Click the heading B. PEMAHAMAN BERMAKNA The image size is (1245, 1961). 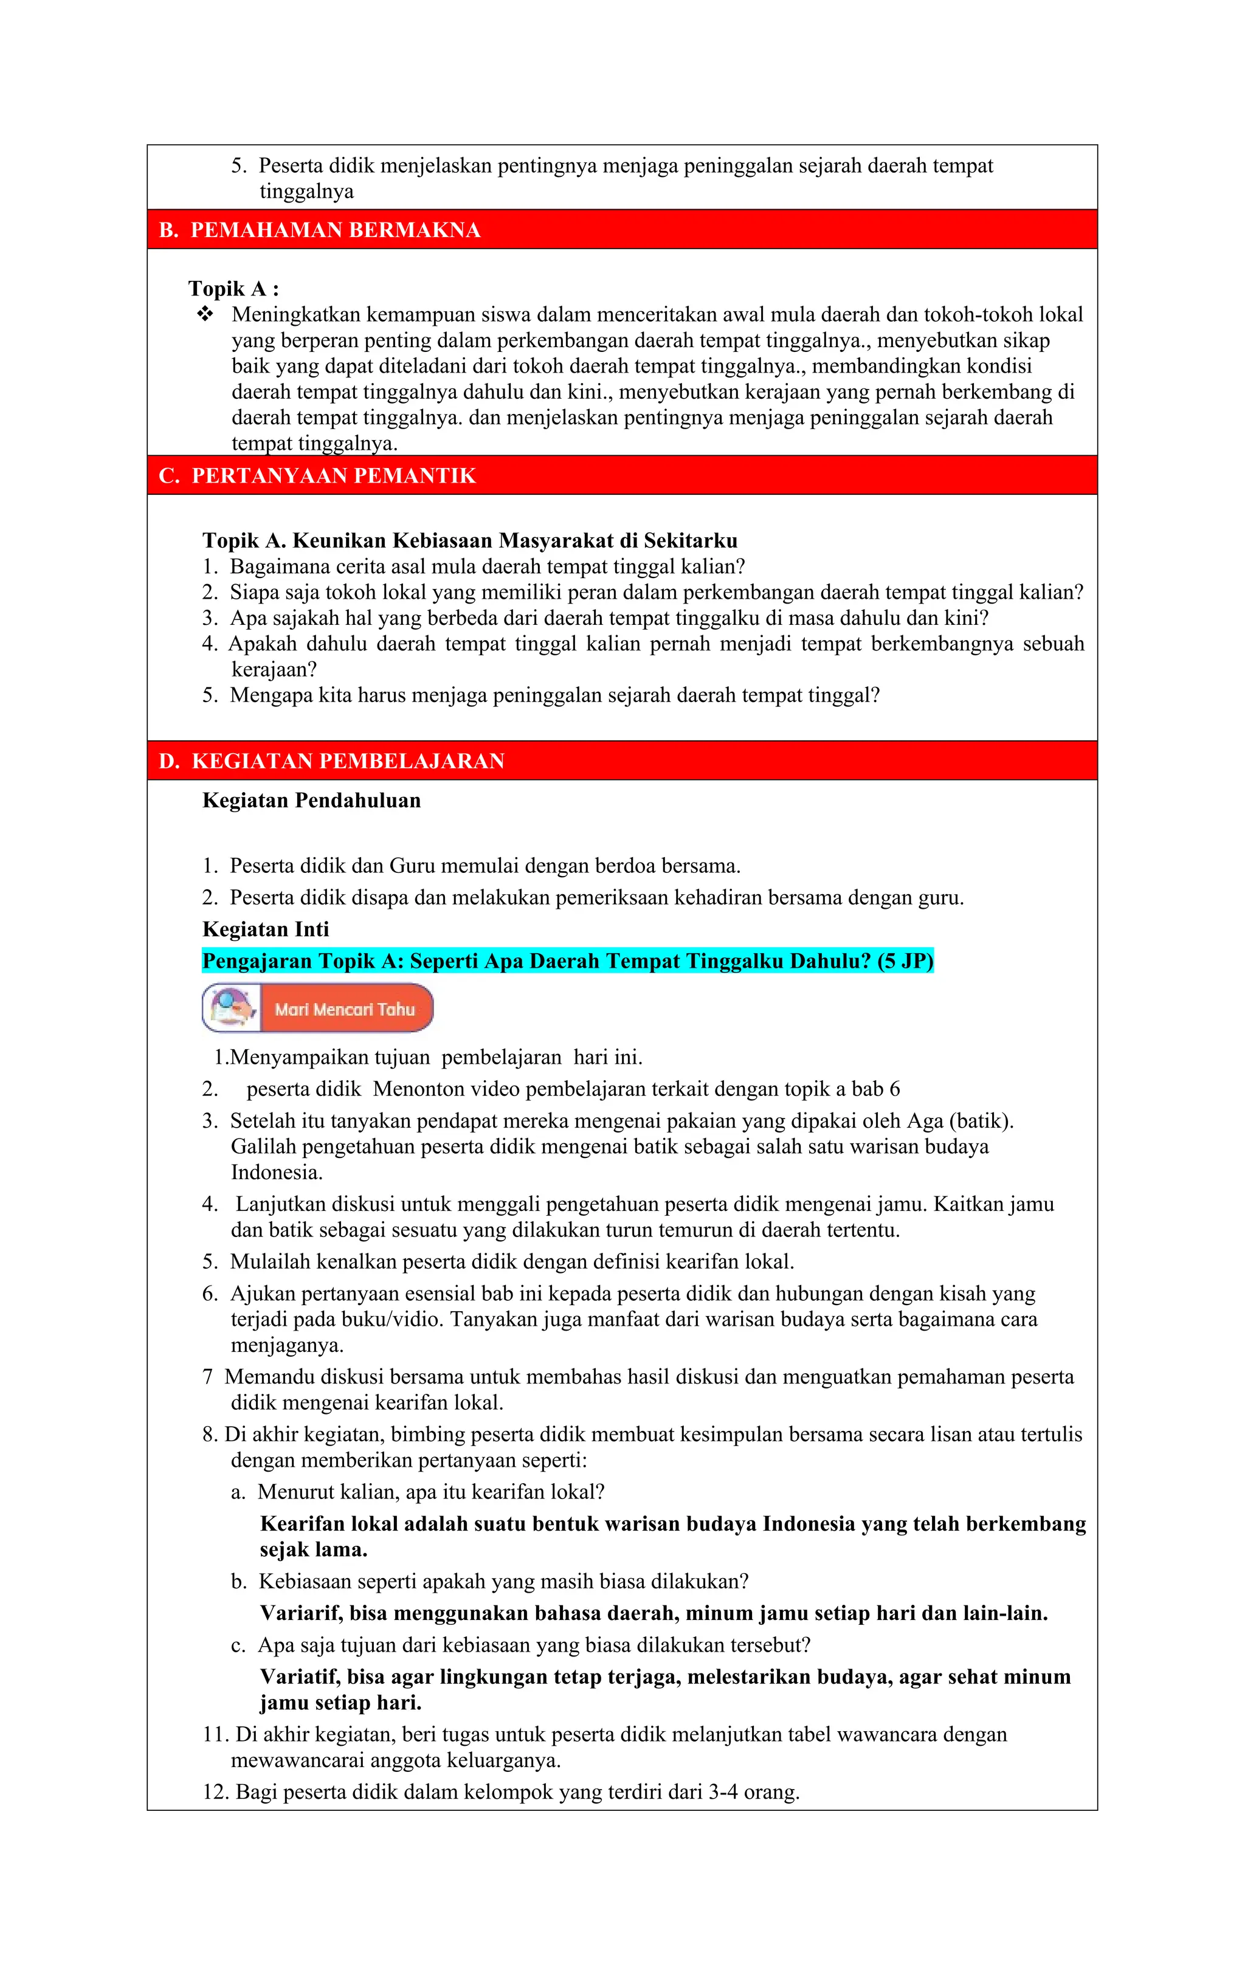click(319, 230)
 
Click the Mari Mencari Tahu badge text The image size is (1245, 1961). click(345, 1009)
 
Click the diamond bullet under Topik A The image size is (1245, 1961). click(205, 314)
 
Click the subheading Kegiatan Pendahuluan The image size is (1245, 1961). click(311, 800)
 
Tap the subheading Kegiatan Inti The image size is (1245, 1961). click(266, 929)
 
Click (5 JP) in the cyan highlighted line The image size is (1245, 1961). click(905, 961)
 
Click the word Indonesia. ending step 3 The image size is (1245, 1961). click(277, 1173)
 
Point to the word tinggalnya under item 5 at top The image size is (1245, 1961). click(306, 192)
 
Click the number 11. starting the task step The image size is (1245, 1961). click(216, 1735)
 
